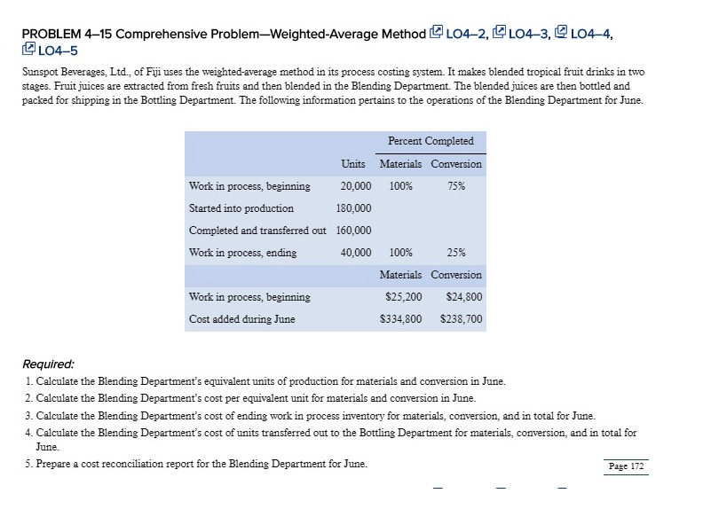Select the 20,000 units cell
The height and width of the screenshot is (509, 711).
coord(355,186)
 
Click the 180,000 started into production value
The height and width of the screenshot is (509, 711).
coord(353,208)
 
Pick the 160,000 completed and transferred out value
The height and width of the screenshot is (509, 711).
coord(353,231)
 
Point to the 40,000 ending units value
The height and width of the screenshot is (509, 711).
coord(355,253)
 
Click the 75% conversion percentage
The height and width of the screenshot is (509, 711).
coord(456,186)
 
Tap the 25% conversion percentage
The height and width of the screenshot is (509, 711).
coord(456,253)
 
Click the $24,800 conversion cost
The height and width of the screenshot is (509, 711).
coord(462,297)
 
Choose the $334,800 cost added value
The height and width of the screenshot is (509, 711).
coord(400,319)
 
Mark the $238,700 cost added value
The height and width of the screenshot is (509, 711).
coord(462,319)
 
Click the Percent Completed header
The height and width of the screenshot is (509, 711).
coord(431,141)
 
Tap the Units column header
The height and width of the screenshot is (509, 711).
coord(354,164)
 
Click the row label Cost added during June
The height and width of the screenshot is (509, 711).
coord(242,319)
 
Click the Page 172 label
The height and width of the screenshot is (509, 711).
coord(627,466)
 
